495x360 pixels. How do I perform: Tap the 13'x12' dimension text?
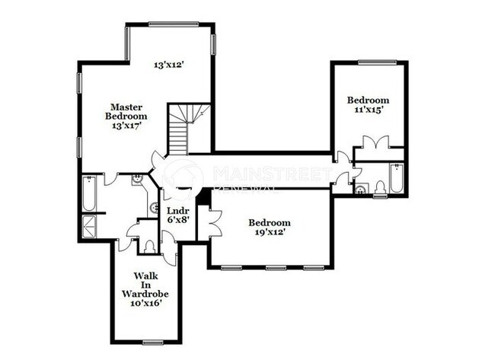tap(170, 65)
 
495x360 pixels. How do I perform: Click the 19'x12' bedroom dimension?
tap(270, 232)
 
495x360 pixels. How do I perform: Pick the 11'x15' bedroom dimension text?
tap(368, 110)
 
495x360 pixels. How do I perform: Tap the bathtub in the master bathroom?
tap(89, 194)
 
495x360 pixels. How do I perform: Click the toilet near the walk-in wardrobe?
tap(149, 245)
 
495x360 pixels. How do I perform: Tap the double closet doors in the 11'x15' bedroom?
tap(375, 142)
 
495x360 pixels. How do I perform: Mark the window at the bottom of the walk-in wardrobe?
tap(154, 341)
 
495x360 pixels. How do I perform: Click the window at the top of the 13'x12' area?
tap(173, 24)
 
